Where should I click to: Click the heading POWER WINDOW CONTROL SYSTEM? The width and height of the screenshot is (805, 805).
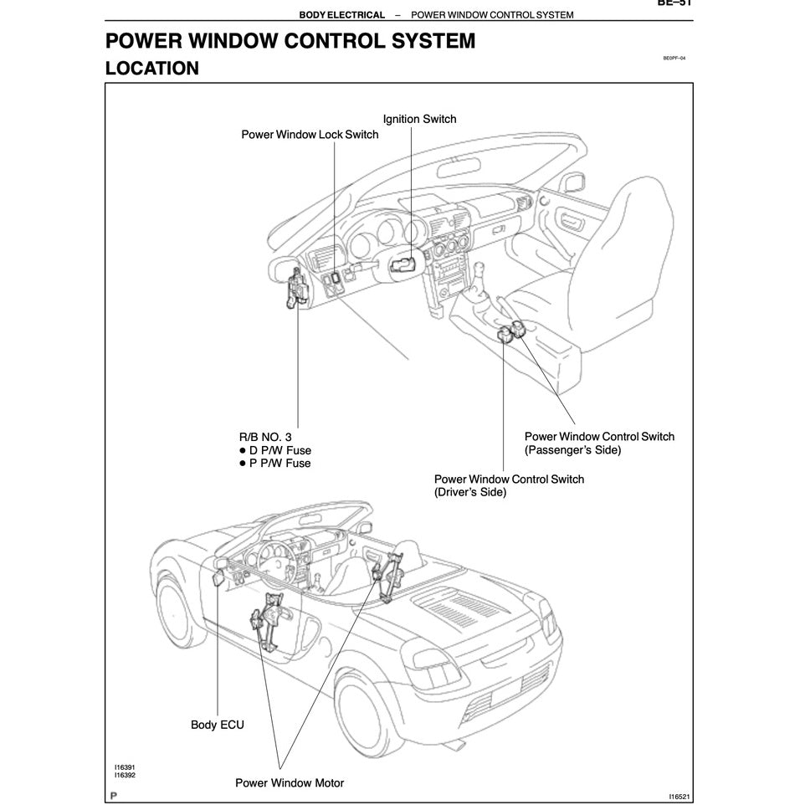(x=290, y=41)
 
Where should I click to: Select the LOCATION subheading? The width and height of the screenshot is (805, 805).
(x=151, y=69)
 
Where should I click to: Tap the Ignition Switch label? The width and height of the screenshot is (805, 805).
(x=419, y=119)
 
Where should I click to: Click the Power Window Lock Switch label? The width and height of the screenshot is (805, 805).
(x=310, y=135)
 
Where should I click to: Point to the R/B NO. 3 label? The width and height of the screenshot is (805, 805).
(x=265, y=437)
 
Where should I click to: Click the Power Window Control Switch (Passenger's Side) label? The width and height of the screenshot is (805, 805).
(x=598, y=443)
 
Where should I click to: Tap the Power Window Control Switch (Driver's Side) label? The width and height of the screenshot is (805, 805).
(x=509, y=485)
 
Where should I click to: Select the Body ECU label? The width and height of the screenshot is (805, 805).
(x=218, y=725)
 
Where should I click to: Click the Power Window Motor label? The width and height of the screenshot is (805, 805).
(x=289, y=783)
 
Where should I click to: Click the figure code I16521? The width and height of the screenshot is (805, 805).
(x=679, y=797)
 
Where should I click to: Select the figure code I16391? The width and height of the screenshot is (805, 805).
(x=125, y=767)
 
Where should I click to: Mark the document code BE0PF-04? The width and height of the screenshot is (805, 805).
(x=674, y=59)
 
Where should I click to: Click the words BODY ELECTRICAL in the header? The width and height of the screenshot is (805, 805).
(x=341, y=15)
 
